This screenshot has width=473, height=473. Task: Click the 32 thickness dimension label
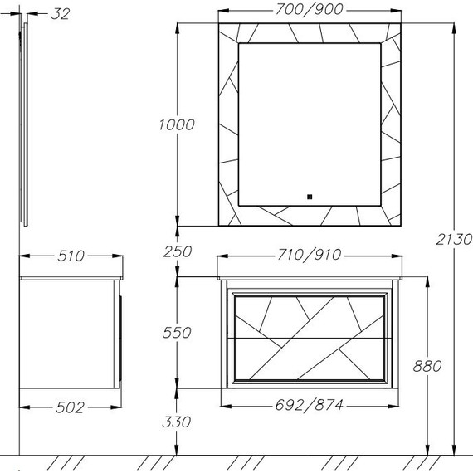coord(61,14)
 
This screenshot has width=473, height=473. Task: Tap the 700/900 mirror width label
coord(310,9)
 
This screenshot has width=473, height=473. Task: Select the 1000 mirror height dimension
coord(177,124)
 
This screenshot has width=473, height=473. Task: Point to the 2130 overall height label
coord(453,240)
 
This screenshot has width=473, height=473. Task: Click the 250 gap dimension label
coord(177,251)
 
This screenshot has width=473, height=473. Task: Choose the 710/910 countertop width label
coord(310,255)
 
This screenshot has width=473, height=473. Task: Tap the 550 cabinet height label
coord(177,333)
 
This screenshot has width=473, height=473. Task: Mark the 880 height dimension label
coord(427,366)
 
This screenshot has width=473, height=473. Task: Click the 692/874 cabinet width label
coord(310,405)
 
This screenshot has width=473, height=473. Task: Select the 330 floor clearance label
coord(177,422)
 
